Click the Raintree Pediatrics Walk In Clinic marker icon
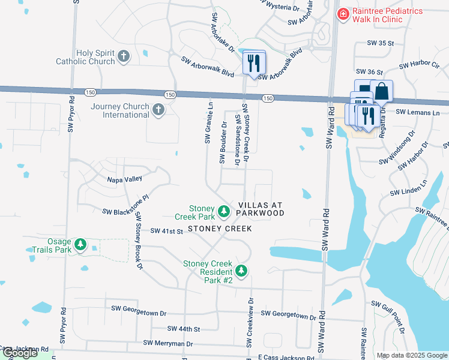click(x=342, y=14)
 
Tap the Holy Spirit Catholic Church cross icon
click(x=123, y=56)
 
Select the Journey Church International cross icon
click(x=158, y=109)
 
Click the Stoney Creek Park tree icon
click(x=223, y=211)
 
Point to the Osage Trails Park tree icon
click(x=80, y=245)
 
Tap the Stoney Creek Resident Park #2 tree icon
click(x=241, y=271)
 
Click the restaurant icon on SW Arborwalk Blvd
click(x=253, y=62)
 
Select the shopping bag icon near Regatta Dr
click(x=381, y=91)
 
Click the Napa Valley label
click(x=124, y=179)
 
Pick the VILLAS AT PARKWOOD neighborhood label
click(x=260, y=208)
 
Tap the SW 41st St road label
click(x=166, y=230)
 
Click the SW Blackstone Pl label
click(x=125, y=212)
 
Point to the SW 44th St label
click(x=184, y=329)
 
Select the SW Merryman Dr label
click(x=168, y=344)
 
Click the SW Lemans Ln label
click(x=418, y=112)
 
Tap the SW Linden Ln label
click(x=411, y=192)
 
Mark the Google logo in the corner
click(x=20, y=353)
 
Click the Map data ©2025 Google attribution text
click(x=411, y=355)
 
